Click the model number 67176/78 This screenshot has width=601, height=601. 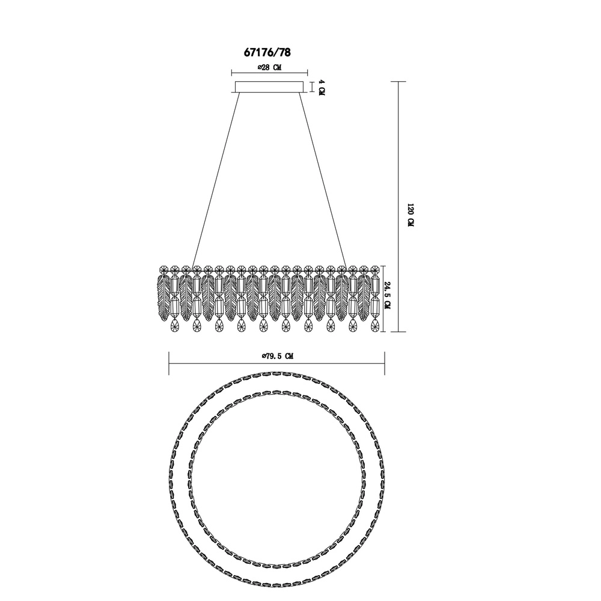[267, 52]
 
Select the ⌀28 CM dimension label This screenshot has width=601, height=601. [269, 67]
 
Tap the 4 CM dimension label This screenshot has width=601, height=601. [322, 88]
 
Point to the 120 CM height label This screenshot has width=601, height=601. [410, 215]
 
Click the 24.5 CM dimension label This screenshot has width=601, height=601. [387, 295]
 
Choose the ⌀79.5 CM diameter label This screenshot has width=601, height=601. [278, 356]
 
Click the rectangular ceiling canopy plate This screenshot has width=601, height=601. [269, 87]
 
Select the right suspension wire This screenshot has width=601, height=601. [323, 179]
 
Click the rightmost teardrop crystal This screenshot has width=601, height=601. [375, 325]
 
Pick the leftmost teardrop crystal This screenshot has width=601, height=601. [174, 325]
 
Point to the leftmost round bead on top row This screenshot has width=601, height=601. [163, 270]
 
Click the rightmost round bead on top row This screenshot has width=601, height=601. [375, 270]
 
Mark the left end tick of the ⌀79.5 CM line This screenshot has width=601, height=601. [169, 364]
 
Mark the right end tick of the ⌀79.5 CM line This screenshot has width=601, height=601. [385, 364]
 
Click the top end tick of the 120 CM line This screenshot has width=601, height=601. [398, 82]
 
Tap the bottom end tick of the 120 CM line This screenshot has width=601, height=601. [398, 332]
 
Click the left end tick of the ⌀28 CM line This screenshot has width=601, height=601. [231, 73]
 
